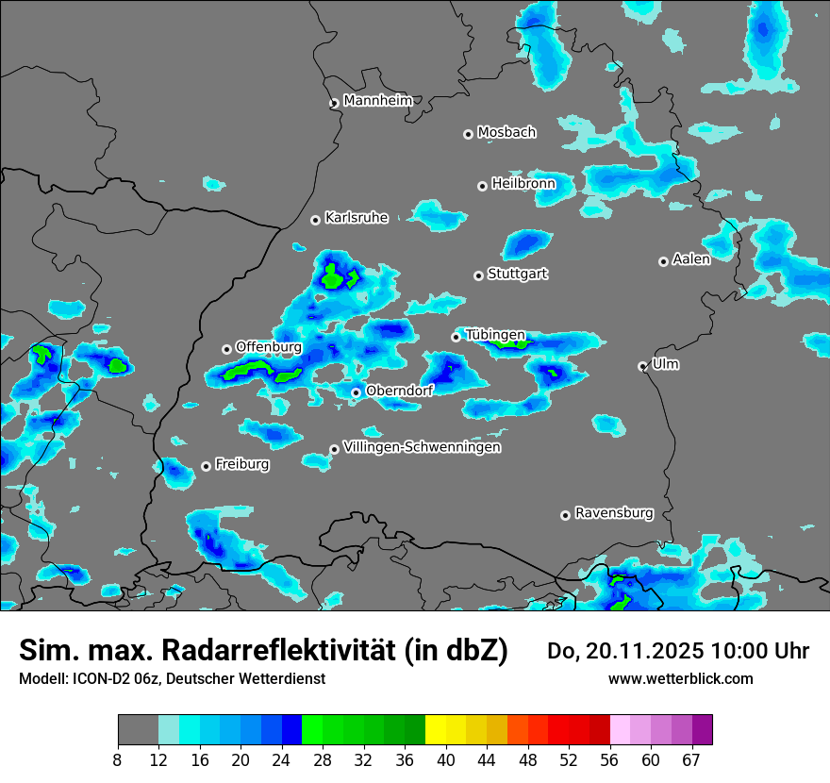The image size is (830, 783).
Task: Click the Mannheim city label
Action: click(377, 100)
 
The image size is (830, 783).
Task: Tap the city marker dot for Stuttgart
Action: click(478, 275)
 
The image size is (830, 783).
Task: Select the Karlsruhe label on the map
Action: click(357, 217)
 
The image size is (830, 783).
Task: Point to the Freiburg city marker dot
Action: click(206, 466)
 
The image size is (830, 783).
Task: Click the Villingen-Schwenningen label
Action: click(422, 446)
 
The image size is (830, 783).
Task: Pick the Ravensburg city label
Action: click(614, 513)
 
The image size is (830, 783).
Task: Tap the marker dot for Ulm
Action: click(642, 366)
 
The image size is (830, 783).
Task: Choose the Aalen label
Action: click(691, 258)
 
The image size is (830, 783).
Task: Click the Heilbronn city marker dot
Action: click(482, 186)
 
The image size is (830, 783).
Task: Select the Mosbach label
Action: click(506, 132)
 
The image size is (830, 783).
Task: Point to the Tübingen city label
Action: click(495, 334)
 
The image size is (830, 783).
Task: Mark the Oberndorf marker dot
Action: click(356, 392)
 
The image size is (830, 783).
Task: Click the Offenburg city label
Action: click(269, 346)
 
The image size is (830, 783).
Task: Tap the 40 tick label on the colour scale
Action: click(446, 760)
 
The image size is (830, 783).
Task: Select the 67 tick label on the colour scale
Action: click(691, 760)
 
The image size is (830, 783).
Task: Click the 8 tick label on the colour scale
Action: click(118, 760)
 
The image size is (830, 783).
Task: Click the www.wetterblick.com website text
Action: click(681, 678)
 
